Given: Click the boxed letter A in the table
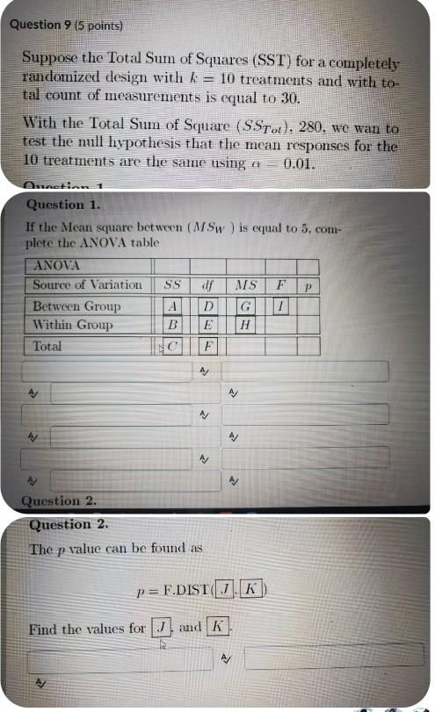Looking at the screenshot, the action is click(172, 306).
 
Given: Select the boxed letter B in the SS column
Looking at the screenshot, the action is click(172, 325).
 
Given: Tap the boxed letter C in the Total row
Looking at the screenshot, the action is click(173, 347).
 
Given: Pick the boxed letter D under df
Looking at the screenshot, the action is click(207, 306).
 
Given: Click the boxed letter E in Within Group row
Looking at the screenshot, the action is click(207, 325).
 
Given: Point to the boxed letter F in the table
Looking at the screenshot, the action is click(207, 347).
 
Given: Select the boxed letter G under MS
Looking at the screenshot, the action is click(246, 306).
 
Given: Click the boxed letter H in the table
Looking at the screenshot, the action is click(246, 325).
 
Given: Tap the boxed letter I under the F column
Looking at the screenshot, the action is click(280, 306).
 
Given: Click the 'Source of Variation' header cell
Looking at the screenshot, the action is click(87, 284).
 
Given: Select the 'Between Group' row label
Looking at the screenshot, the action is click(76, 306).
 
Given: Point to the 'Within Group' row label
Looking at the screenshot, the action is click(73, 325).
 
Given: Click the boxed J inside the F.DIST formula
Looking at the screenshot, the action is click(227, 587).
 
